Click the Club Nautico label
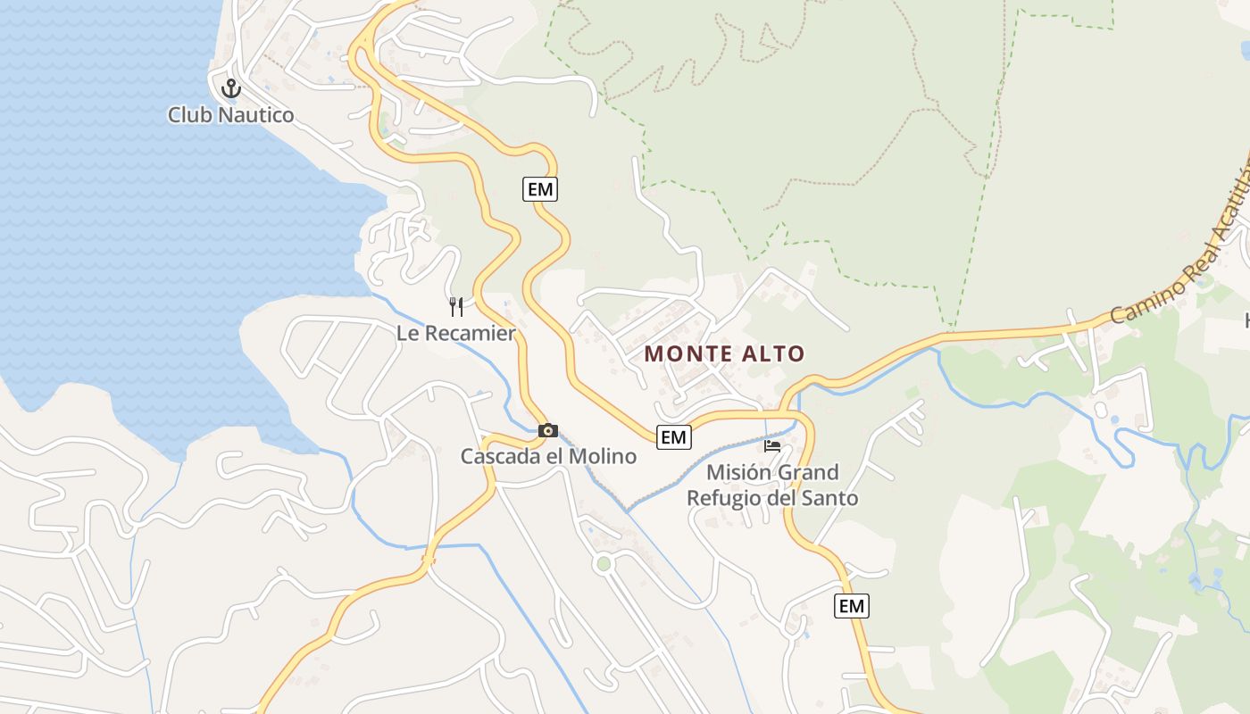[230, 115]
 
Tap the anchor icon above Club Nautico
[231, 88]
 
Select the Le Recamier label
[456, 334]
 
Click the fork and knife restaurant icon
[456, 307]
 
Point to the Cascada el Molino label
[548, 457]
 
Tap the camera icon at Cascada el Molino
[548, 431]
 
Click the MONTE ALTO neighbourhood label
[724, 353]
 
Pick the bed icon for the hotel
[772, 445]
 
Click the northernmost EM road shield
[540, 189]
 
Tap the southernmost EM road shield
[852, 606]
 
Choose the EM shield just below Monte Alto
[673, 437]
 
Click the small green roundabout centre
[604, 563]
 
